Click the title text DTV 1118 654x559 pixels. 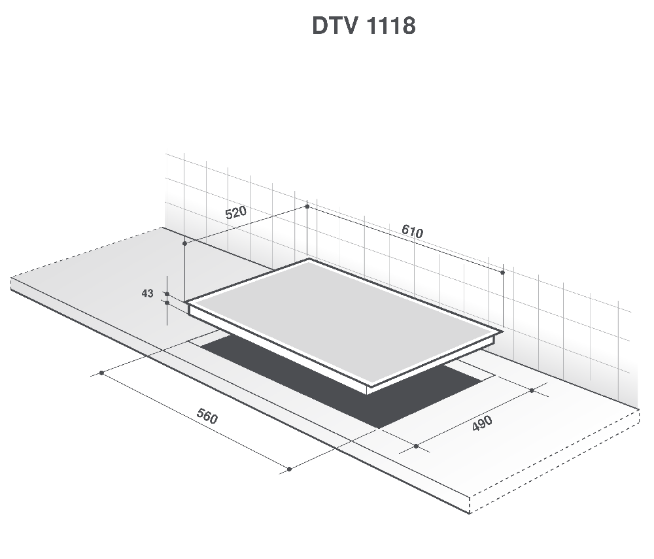pos(364,26)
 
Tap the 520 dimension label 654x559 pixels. pos(235,212)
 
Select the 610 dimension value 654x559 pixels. pos(412,231)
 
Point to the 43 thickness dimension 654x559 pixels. pos(147,294)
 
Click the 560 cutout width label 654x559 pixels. pos(207,416)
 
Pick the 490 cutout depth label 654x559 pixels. pos(482,423)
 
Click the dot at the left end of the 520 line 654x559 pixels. pos(185,243)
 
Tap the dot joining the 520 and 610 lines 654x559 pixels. pos(307,207)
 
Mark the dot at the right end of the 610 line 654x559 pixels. pos(502,273)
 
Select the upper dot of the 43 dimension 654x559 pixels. pos(167,294)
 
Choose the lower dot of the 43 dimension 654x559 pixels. pos(167,303)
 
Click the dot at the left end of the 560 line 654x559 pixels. pos(101,373)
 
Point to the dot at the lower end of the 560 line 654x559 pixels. pos(290,469)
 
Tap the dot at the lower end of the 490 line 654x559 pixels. pos(416,447)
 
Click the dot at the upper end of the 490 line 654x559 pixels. pos(532,390)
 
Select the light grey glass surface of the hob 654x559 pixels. pos(342,320)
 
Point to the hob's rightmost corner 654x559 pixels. pos(504,332)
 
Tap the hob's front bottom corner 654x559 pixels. pos(368,394)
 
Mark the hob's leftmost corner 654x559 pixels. pos(185,301)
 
